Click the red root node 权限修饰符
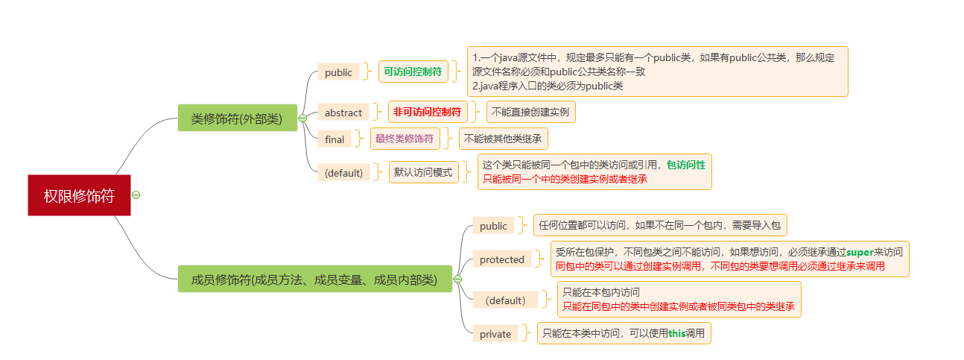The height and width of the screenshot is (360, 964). (x=79, y=195)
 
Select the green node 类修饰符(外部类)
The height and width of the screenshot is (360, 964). (x=237, y=118)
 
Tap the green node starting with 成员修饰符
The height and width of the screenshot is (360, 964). (x=314, y=280)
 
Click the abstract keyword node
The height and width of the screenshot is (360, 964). (x=343, y=113)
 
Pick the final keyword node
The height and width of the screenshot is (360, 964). (x=334, y=139)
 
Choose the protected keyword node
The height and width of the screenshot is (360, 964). (x=501, y=259)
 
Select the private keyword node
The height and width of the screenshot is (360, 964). (x=495, y=334)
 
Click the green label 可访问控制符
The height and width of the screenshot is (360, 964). (x=413, y=72)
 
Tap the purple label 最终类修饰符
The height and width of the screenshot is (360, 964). (x=405, y=138)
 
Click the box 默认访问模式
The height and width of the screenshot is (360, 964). (x=423, y=172)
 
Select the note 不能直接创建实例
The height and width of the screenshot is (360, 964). (x=530, y=112)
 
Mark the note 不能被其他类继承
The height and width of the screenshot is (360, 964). (x=503, y=138)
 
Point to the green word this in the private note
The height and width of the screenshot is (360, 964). (x=676, y=333)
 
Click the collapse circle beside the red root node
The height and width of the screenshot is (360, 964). (x=136, y=195)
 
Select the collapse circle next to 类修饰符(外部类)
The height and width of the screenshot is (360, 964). (x=302, y=118)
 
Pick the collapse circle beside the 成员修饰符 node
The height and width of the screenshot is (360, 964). (x=457, y=280)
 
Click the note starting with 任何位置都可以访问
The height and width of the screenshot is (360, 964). (x=659, y=225)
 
